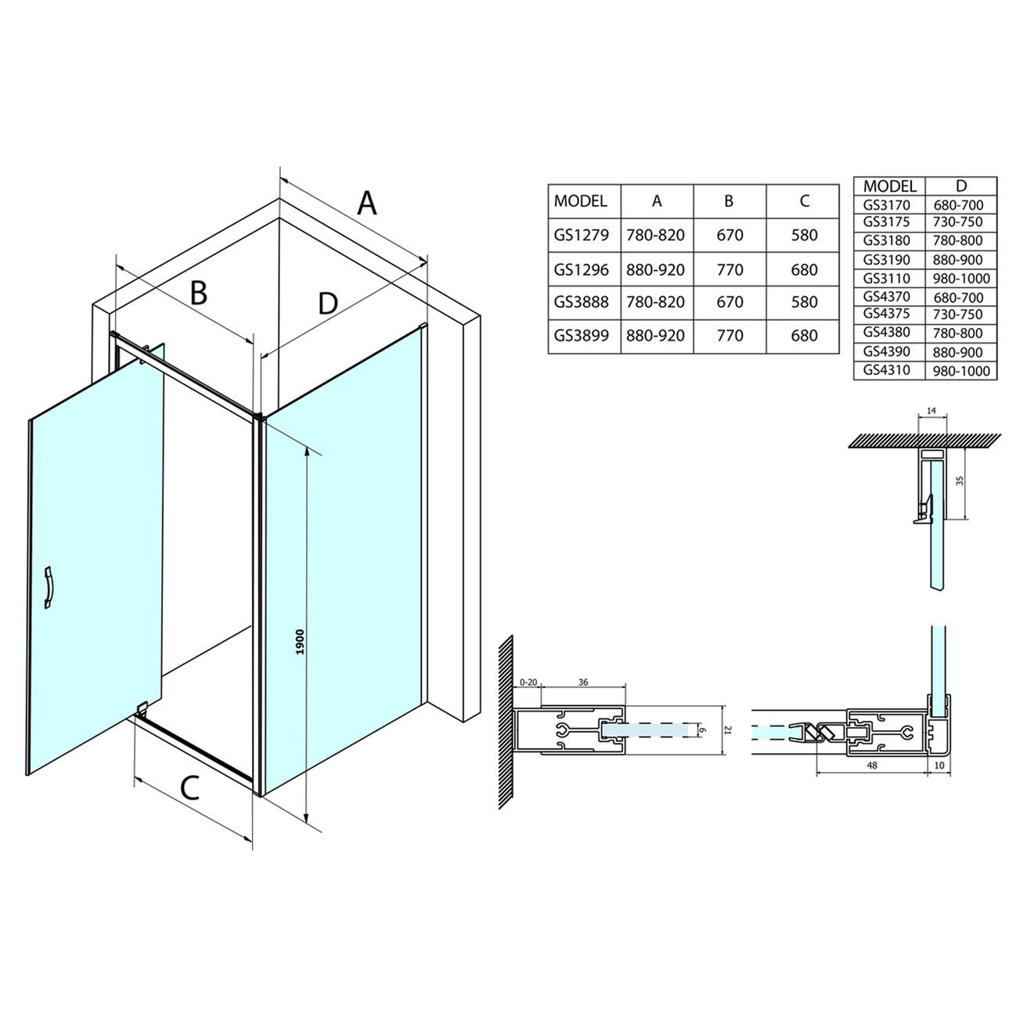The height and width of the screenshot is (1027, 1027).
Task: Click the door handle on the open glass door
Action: pyautogui.click(x=49, y=588)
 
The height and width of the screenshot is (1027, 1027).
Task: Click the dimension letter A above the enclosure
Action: pyautogui.click(x=366, y=203)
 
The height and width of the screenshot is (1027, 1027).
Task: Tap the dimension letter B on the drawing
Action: pyautogui.click(x=198, y=293)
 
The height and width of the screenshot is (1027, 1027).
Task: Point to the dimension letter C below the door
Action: pyautogui.click(x=189, y=788)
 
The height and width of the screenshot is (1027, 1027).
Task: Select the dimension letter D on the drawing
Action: pyautogui.click(x=328, y=303)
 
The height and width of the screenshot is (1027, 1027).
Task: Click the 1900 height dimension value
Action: pyautogui.click(x=300, y=642)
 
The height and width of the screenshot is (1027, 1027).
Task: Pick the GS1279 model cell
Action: pyautogui.click(x=581, y=235)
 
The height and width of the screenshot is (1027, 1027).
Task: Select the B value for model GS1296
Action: pyautogui.click(x=730, y=270)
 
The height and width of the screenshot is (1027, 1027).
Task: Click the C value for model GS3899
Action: pyautogui.click(x=804, y=335)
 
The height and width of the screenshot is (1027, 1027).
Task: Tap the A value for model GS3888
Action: pyautogui.click(x=655, y=302)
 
